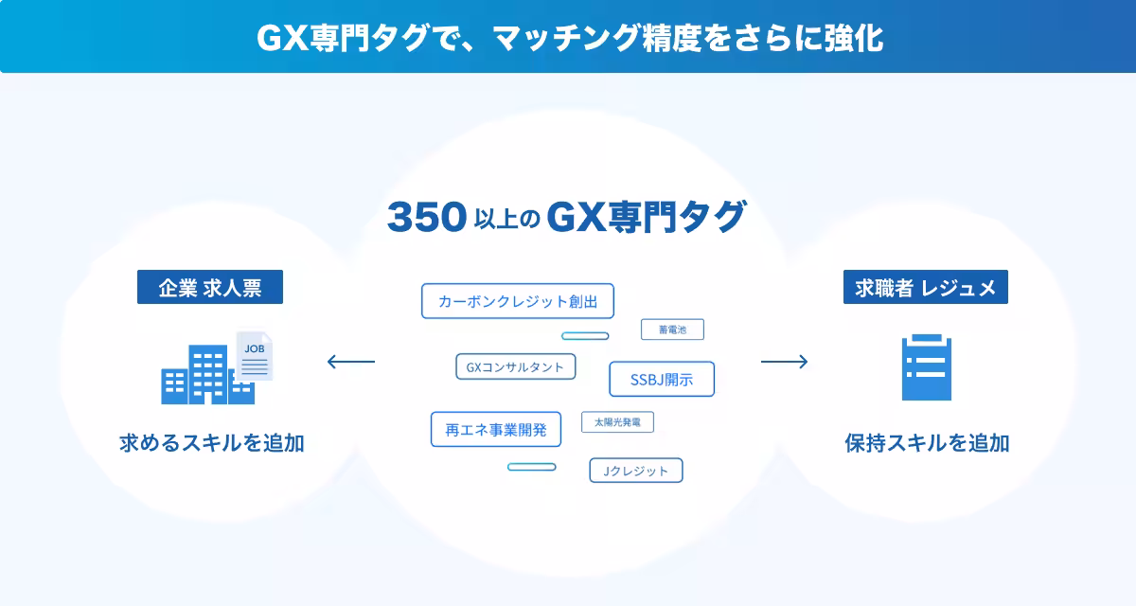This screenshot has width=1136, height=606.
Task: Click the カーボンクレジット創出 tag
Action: (517, 301)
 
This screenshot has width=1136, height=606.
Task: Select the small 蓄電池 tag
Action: (672, 330)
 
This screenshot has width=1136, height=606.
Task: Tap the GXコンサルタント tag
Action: (515, 366)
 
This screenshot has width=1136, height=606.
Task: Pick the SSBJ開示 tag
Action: (662, 379)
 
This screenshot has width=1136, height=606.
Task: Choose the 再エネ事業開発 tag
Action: (496, 430)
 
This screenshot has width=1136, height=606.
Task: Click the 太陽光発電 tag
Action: (617, 422)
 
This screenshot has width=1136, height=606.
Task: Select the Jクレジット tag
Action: (636, 471)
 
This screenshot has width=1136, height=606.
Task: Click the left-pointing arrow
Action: (351, 362)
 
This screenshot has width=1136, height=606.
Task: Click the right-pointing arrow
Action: (784, 362)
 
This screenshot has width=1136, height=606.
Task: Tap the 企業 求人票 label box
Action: (210, 287)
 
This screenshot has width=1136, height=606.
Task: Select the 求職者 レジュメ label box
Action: (926, 287)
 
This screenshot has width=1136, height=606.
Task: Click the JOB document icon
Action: (255, 356)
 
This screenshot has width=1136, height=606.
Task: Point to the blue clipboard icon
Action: (927, 367)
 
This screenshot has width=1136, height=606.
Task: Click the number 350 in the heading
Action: (427, 217)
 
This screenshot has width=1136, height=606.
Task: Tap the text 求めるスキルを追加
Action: (212, 443)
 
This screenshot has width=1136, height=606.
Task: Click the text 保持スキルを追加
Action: (927, 443)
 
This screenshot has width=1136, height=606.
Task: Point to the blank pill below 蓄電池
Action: (585, 336)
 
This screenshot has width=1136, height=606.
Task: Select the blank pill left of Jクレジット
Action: (531, 467)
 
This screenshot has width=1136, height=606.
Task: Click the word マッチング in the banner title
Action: (565, 38)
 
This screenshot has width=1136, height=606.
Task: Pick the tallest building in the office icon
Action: (208, 374)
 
